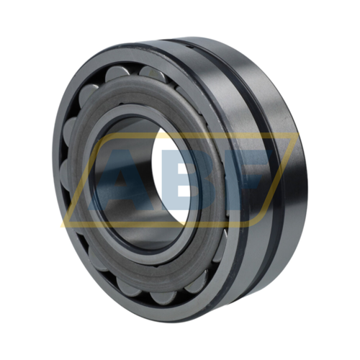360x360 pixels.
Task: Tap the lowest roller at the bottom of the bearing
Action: [161, 297]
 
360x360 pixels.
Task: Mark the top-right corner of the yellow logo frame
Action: [299, 133]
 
